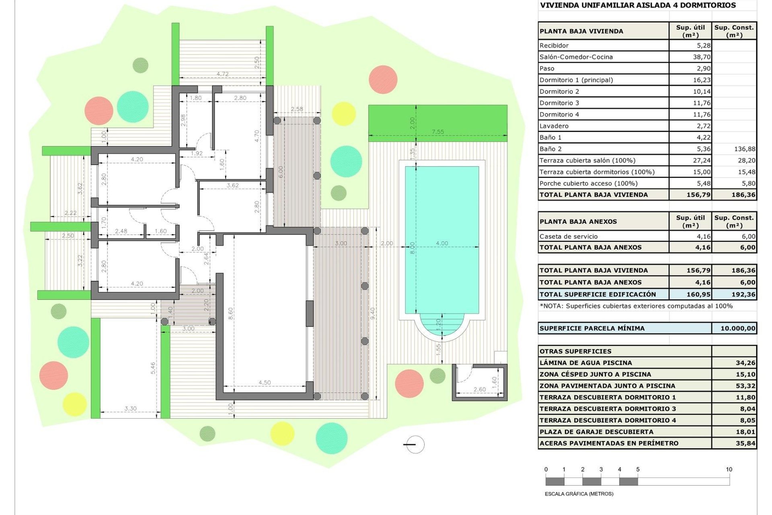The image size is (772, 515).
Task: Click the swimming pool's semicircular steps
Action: tap(441, 324)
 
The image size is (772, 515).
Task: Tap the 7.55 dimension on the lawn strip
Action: tap(437, 132)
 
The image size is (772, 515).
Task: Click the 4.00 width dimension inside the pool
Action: tap(441, 243)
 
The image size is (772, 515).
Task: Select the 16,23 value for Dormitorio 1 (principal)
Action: tap(701, 80)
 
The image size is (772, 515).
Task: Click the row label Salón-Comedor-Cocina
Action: tap(576, 57)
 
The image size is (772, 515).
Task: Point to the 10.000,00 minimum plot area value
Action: tap(737, 328)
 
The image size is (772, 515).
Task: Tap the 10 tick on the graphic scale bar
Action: tap(729, 470)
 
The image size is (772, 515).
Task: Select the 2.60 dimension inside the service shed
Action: tap(479, 389)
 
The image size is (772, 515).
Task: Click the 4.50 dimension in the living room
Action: tap(264, 382)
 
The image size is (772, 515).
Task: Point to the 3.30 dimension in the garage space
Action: tap(130, 408)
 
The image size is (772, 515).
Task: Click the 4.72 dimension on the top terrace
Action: tap(222, 74)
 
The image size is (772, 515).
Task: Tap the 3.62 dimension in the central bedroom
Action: tap(232, 185)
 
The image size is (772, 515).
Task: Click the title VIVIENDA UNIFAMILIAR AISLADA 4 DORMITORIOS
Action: tap(638, 5)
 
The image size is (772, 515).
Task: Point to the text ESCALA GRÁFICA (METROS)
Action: tap(579, 494)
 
